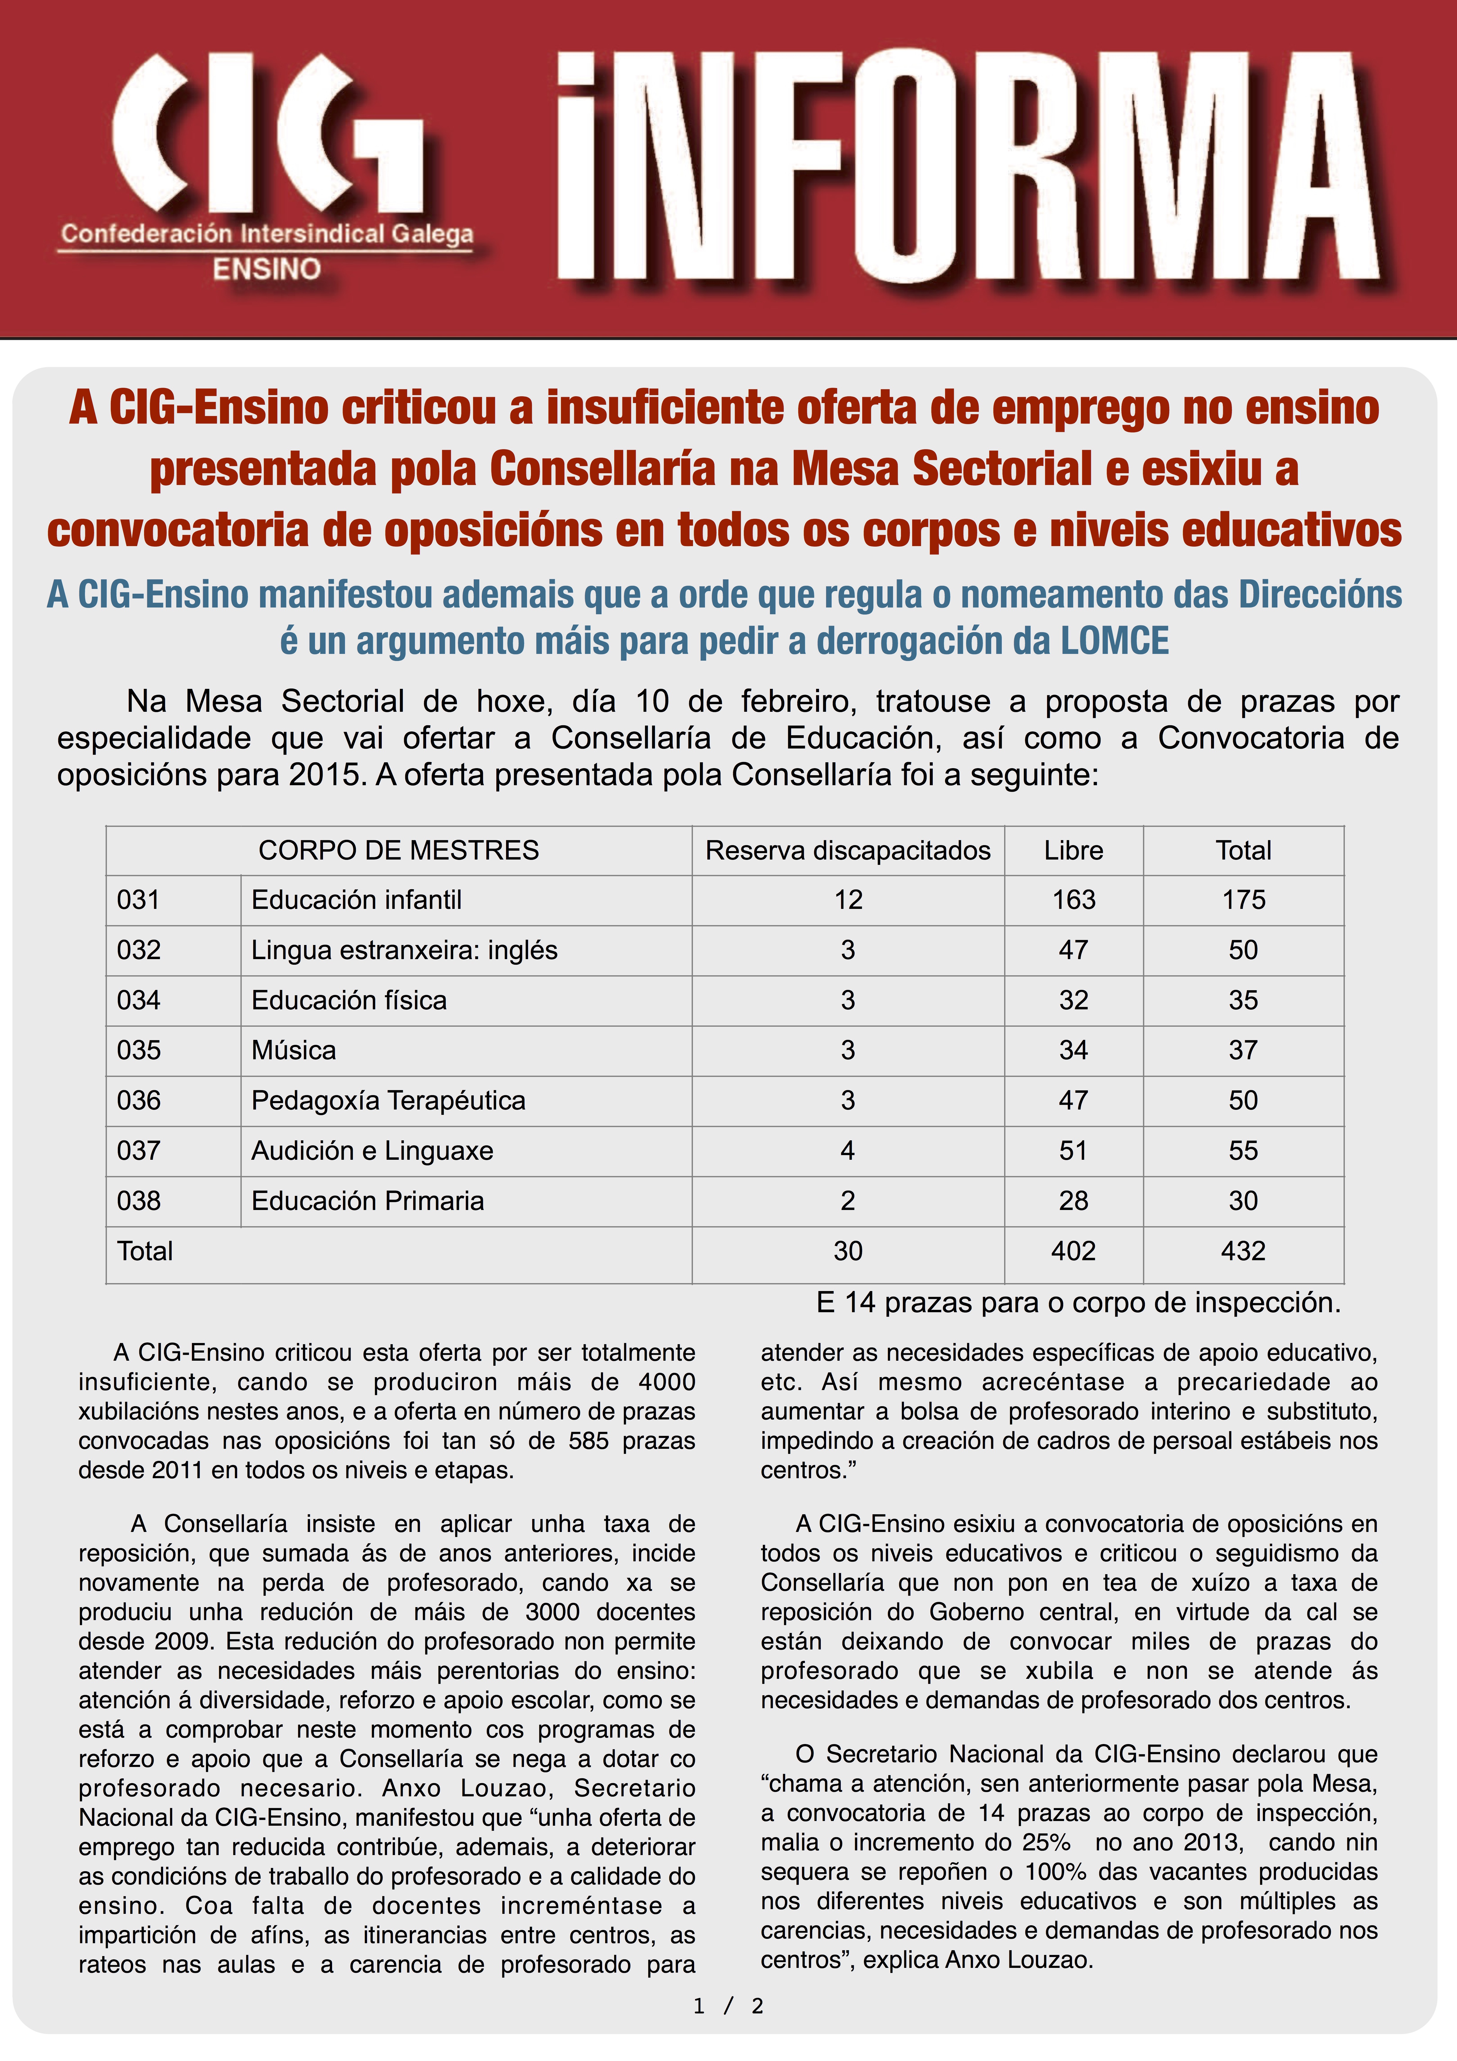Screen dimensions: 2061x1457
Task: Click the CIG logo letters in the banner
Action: pos(269,135)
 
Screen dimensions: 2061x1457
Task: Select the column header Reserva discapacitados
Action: pos(848,850)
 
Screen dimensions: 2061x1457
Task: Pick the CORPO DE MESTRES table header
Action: pos(398,850)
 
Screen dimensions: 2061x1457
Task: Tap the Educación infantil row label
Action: pos(356,899)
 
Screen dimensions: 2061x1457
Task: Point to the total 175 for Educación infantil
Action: pos(1243,899)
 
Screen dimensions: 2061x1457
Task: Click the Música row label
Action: pos(294,1050)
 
